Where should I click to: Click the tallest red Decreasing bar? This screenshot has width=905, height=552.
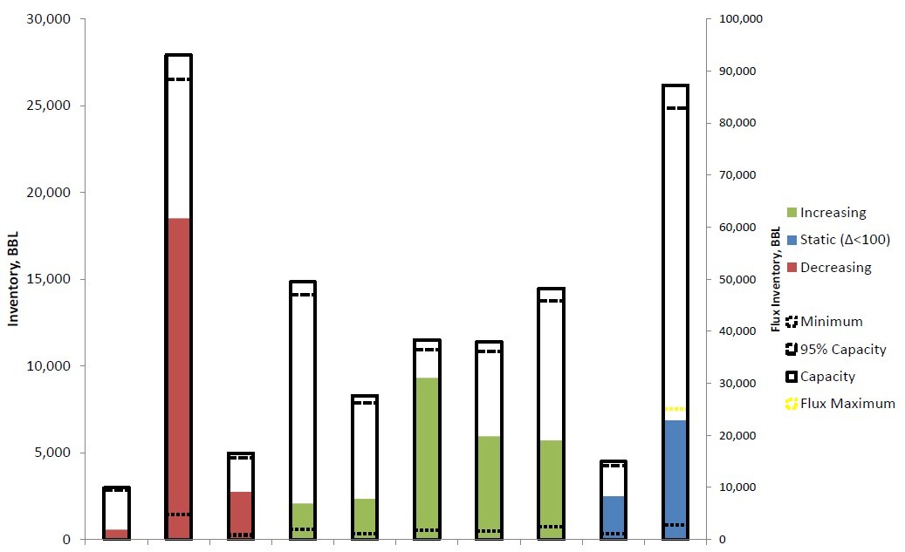click(x=178, y=375)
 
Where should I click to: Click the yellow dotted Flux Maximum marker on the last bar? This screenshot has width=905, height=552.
click(x=675, y=409)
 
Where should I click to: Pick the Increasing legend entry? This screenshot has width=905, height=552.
click(x=833, y=212)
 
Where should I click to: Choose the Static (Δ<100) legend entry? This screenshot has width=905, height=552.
click(x=845, y=239)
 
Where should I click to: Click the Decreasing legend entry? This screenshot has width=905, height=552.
click(x=835, y=267)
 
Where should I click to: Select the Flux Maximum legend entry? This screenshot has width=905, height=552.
click(x=847, y=404)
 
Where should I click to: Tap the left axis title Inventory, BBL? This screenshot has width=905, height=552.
click(x=14, y=280)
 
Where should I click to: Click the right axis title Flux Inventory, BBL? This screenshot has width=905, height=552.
click(x=776, y=280)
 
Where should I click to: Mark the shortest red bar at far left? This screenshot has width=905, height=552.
click(x=116, y=534)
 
